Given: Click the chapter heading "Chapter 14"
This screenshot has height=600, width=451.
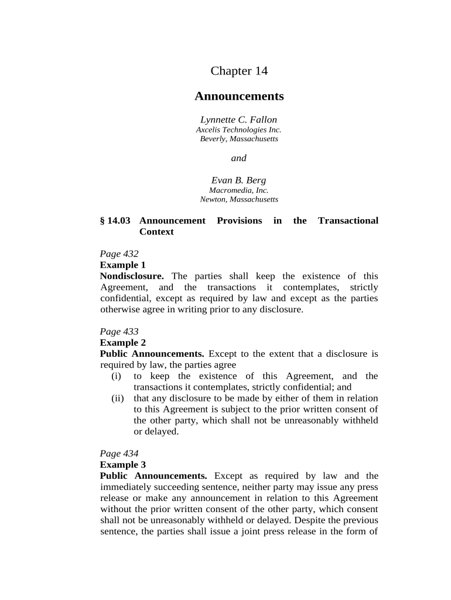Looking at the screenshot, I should click(x=239, y=71).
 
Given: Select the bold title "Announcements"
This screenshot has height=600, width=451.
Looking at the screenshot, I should click(x=239, y=96).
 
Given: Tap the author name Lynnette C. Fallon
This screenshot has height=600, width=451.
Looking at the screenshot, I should click(x=239, y=120).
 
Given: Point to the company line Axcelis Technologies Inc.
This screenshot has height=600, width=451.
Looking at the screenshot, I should click(x=239, y=129).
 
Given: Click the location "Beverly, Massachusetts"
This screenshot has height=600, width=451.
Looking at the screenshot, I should click(x=239, y=139).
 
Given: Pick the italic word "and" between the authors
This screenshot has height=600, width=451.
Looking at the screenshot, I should click(x=239, y=158).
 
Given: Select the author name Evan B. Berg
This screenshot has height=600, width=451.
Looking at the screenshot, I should click(x=239, y=180).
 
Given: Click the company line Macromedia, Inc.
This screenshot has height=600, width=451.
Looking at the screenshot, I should click(x=239, y=190).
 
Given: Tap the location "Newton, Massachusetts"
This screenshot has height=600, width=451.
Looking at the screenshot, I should click(x=239, y=199).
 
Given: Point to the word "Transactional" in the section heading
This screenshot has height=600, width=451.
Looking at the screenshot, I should click(x=348, y=220).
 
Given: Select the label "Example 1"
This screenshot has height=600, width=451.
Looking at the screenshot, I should click(x=122, y=265).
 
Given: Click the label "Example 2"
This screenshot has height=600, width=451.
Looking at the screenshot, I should click(x=122, y=343).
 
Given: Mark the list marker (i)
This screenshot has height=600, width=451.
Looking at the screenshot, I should click(x=117, y=376).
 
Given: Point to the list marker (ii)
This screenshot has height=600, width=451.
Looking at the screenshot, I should click(x=118, y=398).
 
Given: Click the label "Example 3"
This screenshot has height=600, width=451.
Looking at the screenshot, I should click(x=122, y=465).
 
